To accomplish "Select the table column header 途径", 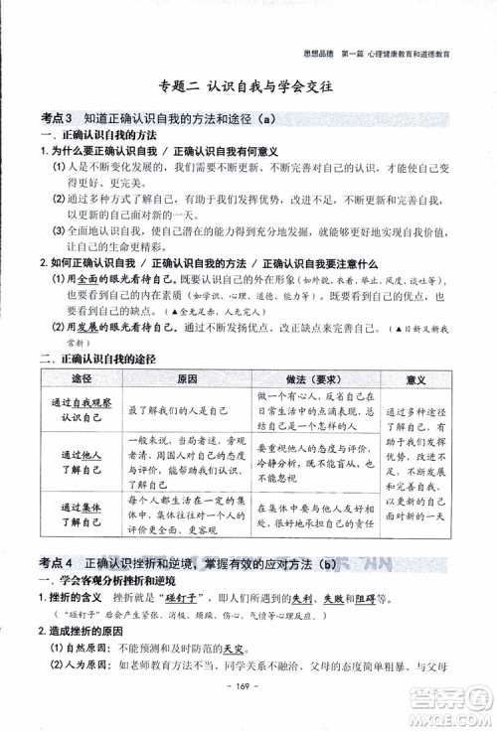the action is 81,380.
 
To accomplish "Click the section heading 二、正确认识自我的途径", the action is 100,359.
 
